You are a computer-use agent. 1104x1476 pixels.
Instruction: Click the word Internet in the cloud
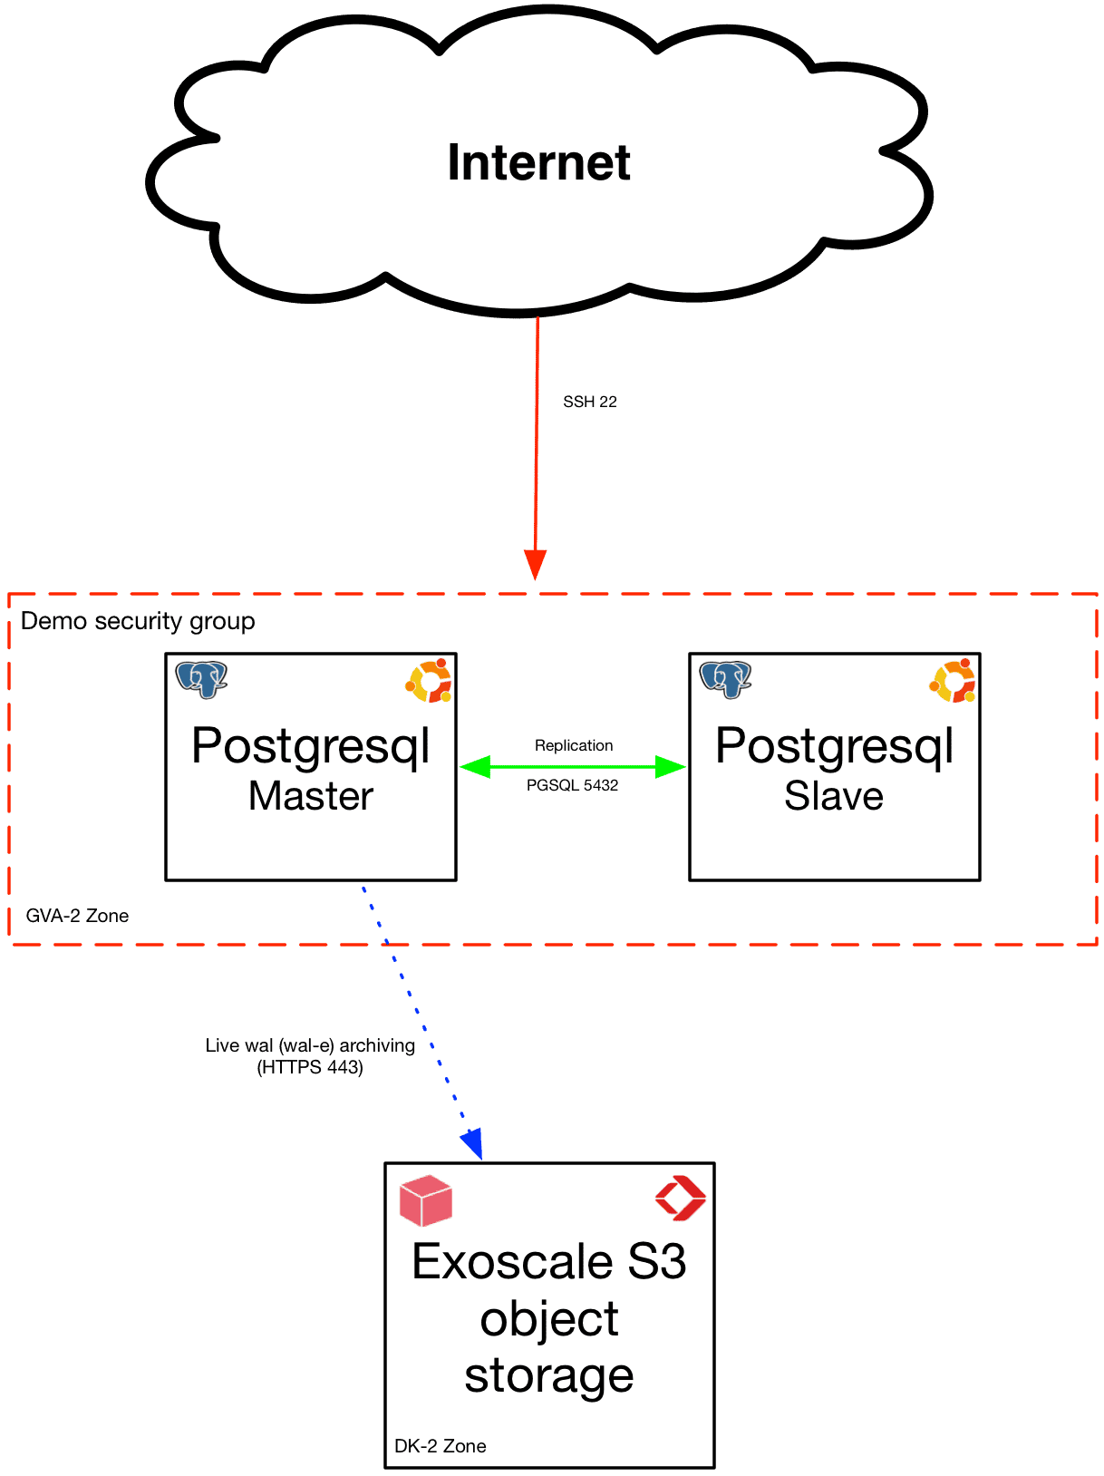(x=538, y=163)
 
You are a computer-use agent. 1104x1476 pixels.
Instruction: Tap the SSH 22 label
(x=589, y=402)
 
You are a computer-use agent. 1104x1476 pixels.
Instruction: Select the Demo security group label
(x=138, y=621)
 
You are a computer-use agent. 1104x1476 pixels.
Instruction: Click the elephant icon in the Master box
(x=201, y=679)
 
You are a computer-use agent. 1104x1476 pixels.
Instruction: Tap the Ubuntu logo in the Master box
(x=430, y=681)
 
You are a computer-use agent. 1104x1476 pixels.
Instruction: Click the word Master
(x=310, y=796)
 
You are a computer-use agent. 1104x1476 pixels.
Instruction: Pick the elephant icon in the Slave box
(x=725, y=679)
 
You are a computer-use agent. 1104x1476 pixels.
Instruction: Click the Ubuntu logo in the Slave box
(x=953, y=681)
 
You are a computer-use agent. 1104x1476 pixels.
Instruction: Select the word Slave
(x=833, y=796)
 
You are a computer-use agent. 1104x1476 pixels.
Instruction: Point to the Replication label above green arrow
(x=574, y=745)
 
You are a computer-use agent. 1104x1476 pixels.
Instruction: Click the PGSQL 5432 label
(x=572, y=785)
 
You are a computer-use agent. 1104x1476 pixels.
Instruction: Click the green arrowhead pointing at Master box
(x=477, y=767)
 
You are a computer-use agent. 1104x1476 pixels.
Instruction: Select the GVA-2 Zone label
(x=77, y=916)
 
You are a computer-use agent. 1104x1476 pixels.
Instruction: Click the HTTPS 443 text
(x=310, y=1067)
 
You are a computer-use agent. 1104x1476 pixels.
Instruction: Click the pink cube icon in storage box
(x=425, y=1200)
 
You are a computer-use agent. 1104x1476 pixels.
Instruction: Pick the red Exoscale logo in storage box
(x=680, y=1199)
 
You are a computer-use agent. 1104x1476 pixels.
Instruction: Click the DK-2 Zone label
(x=440, y=1446)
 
